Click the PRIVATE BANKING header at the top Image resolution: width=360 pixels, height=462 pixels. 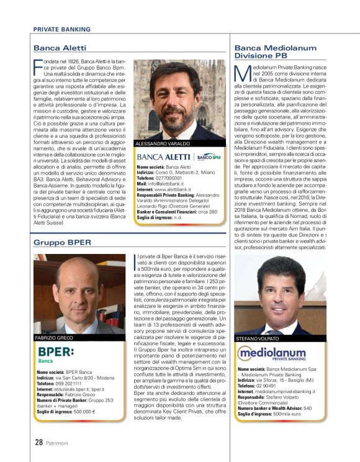pos(61,29)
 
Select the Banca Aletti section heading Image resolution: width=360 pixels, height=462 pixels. pos(60,48)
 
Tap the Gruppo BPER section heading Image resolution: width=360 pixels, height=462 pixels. pos(62,242)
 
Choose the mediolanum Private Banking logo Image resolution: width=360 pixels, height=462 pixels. pos(271,355)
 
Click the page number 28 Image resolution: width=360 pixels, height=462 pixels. pos(38,443)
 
